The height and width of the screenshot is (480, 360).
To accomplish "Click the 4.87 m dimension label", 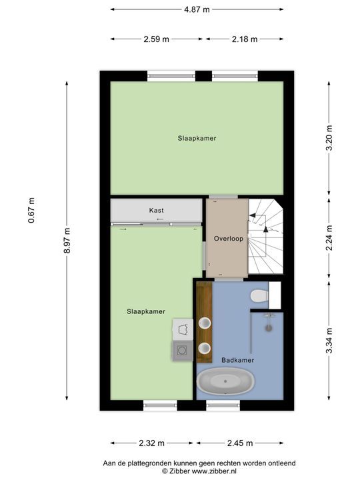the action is click(x=197, y=9).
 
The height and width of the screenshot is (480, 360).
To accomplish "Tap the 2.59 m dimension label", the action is click(x=157, y=39).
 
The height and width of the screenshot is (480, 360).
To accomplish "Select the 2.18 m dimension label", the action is click(x=245, y=39).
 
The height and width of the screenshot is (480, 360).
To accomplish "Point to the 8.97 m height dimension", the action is click(x=67, y=240).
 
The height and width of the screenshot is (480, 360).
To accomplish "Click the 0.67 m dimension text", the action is click(x=31, y=210).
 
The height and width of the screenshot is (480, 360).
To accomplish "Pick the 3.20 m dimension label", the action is click(x=329, y=138).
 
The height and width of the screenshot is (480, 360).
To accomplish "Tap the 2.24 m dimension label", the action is click(x=329, y=238).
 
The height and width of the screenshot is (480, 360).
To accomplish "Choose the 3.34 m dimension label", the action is click(x=329, y=341).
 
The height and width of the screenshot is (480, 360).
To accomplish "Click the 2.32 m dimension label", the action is click(x=152, y=443).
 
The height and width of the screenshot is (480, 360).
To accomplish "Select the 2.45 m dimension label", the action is click(x=240, y=443).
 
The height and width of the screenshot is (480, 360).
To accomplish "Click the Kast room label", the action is click(x=157, y=210).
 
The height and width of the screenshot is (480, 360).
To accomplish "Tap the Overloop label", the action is click(x=229, y=239).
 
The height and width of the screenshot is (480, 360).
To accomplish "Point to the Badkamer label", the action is click(x=238, y=360).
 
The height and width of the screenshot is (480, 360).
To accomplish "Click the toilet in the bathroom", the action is click(x=259, y=296).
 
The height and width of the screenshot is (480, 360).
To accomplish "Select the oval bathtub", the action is click(x=225, y=381).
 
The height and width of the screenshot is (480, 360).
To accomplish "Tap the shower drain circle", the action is click(x=269, y=328).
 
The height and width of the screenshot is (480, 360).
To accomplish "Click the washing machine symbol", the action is click(x=183, y=351).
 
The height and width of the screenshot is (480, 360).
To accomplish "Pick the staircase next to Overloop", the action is click(x=266, y=236).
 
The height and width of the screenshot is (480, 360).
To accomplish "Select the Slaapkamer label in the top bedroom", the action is click(x=197, y=138).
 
